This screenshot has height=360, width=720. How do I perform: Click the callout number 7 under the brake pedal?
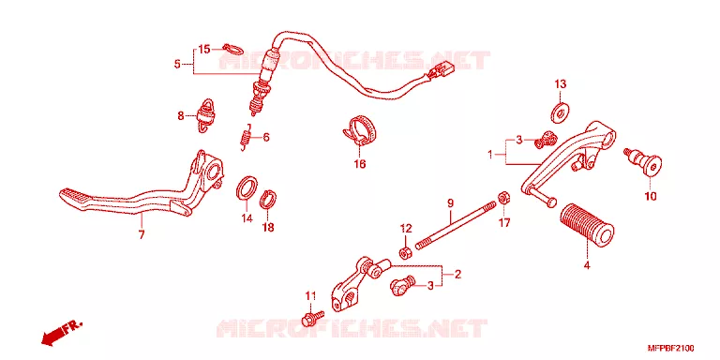click(x=142, y=234)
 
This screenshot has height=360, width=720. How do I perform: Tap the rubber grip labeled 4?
click(x=587, y=223)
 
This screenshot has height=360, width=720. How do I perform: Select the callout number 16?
click(x=360, y=163)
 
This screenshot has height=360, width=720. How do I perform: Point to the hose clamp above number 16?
click(x=360, y=131)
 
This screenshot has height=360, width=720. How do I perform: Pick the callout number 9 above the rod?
click(x=450, y=202)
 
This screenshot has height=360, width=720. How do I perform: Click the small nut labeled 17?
click(x=502, y=198)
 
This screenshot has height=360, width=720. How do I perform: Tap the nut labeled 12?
click(x=405, y=253)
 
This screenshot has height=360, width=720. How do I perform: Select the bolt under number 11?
click(x=312, y=316)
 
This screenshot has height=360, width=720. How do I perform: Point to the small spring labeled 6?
click(x=247, y=136)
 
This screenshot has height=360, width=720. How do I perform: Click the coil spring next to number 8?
click(x=204, y=115)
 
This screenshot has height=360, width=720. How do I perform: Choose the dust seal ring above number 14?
click(x=247, y=187)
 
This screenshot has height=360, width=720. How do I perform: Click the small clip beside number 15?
click(x=232, y=48)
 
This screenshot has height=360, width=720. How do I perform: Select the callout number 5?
click(x=177, y=65)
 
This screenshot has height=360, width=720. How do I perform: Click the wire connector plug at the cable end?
click(x=441, y=69)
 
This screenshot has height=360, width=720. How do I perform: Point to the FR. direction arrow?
click(x=62, y=332)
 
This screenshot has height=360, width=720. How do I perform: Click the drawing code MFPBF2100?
click(x=670, y=348)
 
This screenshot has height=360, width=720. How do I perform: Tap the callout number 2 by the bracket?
click(x=457, y=275)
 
